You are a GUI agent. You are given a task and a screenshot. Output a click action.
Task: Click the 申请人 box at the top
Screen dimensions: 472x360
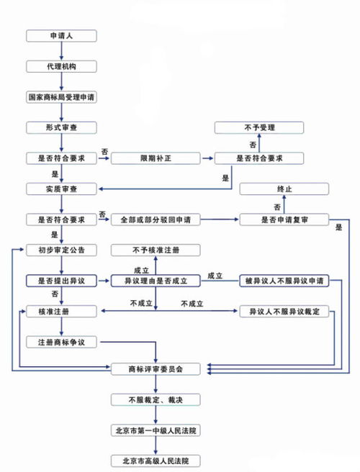pos(61,35)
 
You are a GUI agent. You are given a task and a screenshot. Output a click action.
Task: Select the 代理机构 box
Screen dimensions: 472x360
pos(61,65)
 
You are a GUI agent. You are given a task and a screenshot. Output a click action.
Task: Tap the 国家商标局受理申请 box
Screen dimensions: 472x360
pos(61,96)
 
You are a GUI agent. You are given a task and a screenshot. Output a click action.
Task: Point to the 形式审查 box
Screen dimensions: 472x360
pos(61,127)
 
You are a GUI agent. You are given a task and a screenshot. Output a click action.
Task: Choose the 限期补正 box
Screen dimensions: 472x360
pos(155,158)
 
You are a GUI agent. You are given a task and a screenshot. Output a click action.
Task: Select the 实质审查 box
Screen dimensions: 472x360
pos(61,189)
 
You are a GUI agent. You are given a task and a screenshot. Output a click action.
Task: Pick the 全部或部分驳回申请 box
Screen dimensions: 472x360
pos(155,219)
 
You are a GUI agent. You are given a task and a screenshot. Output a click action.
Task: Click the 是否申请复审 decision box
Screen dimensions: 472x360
pos(284,219)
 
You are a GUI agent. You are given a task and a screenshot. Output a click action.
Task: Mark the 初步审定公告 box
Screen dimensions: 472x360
pos(61,250)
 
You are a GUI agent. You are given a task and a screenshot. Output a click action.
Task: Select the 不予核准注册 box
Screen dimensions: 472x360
pos(155,250)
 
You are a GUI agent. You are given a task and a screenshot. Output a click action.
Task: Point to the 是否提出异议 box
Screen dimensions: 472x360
pos(61,280)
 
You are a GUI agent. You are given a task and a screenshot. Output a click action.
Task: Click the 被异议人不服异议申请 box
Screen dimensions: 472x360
pos(284,280)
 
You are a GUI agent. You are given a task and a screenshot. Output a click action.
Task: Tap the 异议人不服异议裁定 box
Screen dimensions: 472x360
pos(284,311)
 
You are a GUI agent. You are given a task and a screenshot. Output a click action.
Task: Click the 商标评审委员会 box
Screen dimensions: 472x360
pos(155,368)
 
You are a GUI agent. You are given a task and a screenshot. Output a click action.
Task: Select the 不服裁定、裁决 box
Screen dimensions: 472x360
pos(155,399)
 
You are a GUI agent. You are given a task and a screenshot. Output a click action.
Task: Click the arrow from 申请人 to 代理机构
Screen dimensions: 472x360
pos(61,50)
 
